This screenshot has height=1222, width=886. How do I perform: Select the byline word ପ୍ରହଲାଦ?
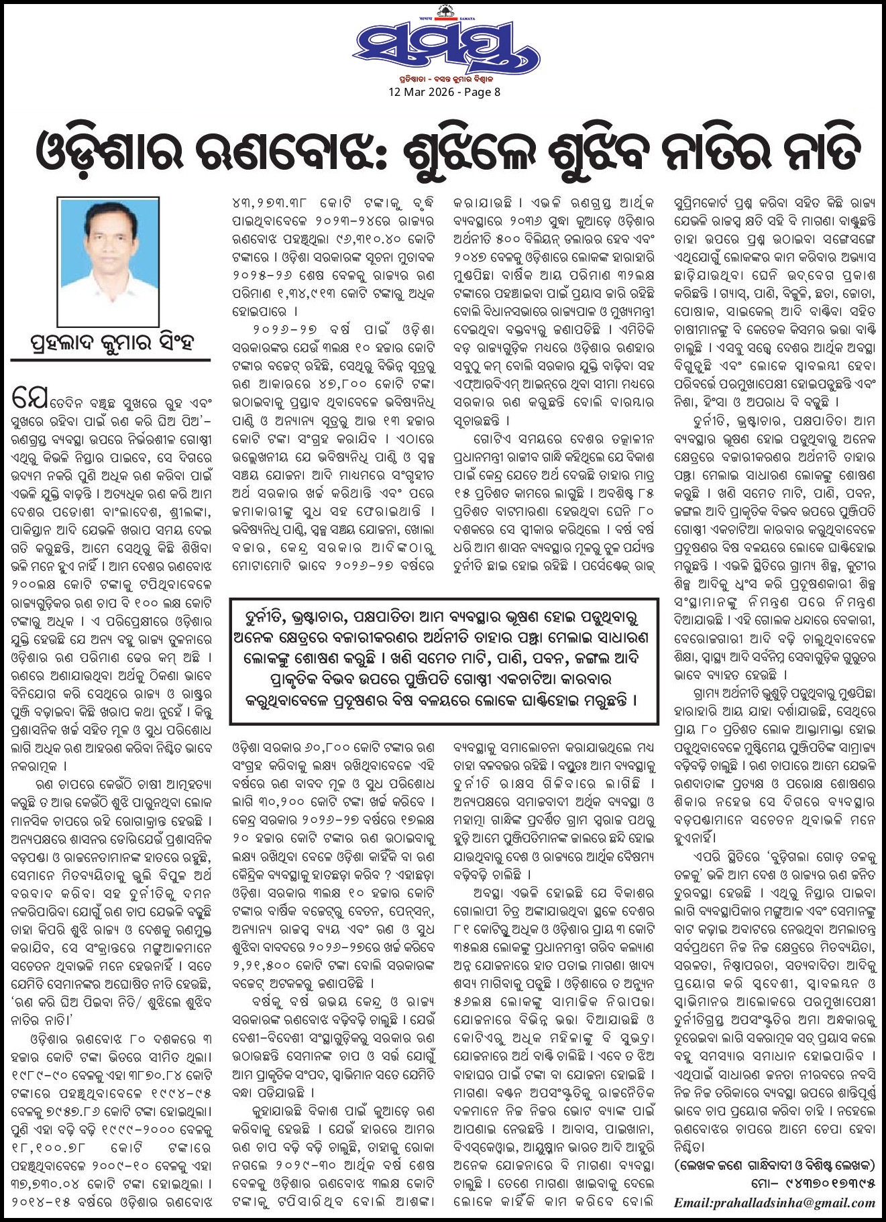pyautogui.click(x=64, y=343)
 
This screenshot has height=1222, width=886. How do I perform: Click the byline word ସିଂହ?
pyautogui.click(x=173, y=342)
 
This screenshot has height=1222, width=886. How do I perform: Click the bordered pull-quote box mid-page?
pyautogui.click(x=443, y=661)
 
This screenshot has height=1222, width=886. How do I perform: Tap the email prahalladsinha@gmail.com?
pyautogui.click(x=775, y=1203)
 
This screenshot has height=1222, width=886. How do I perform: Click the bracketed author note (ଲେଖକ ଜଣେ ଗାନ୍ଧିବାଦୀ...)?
pyautogui.click(x=775, y=1165)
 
